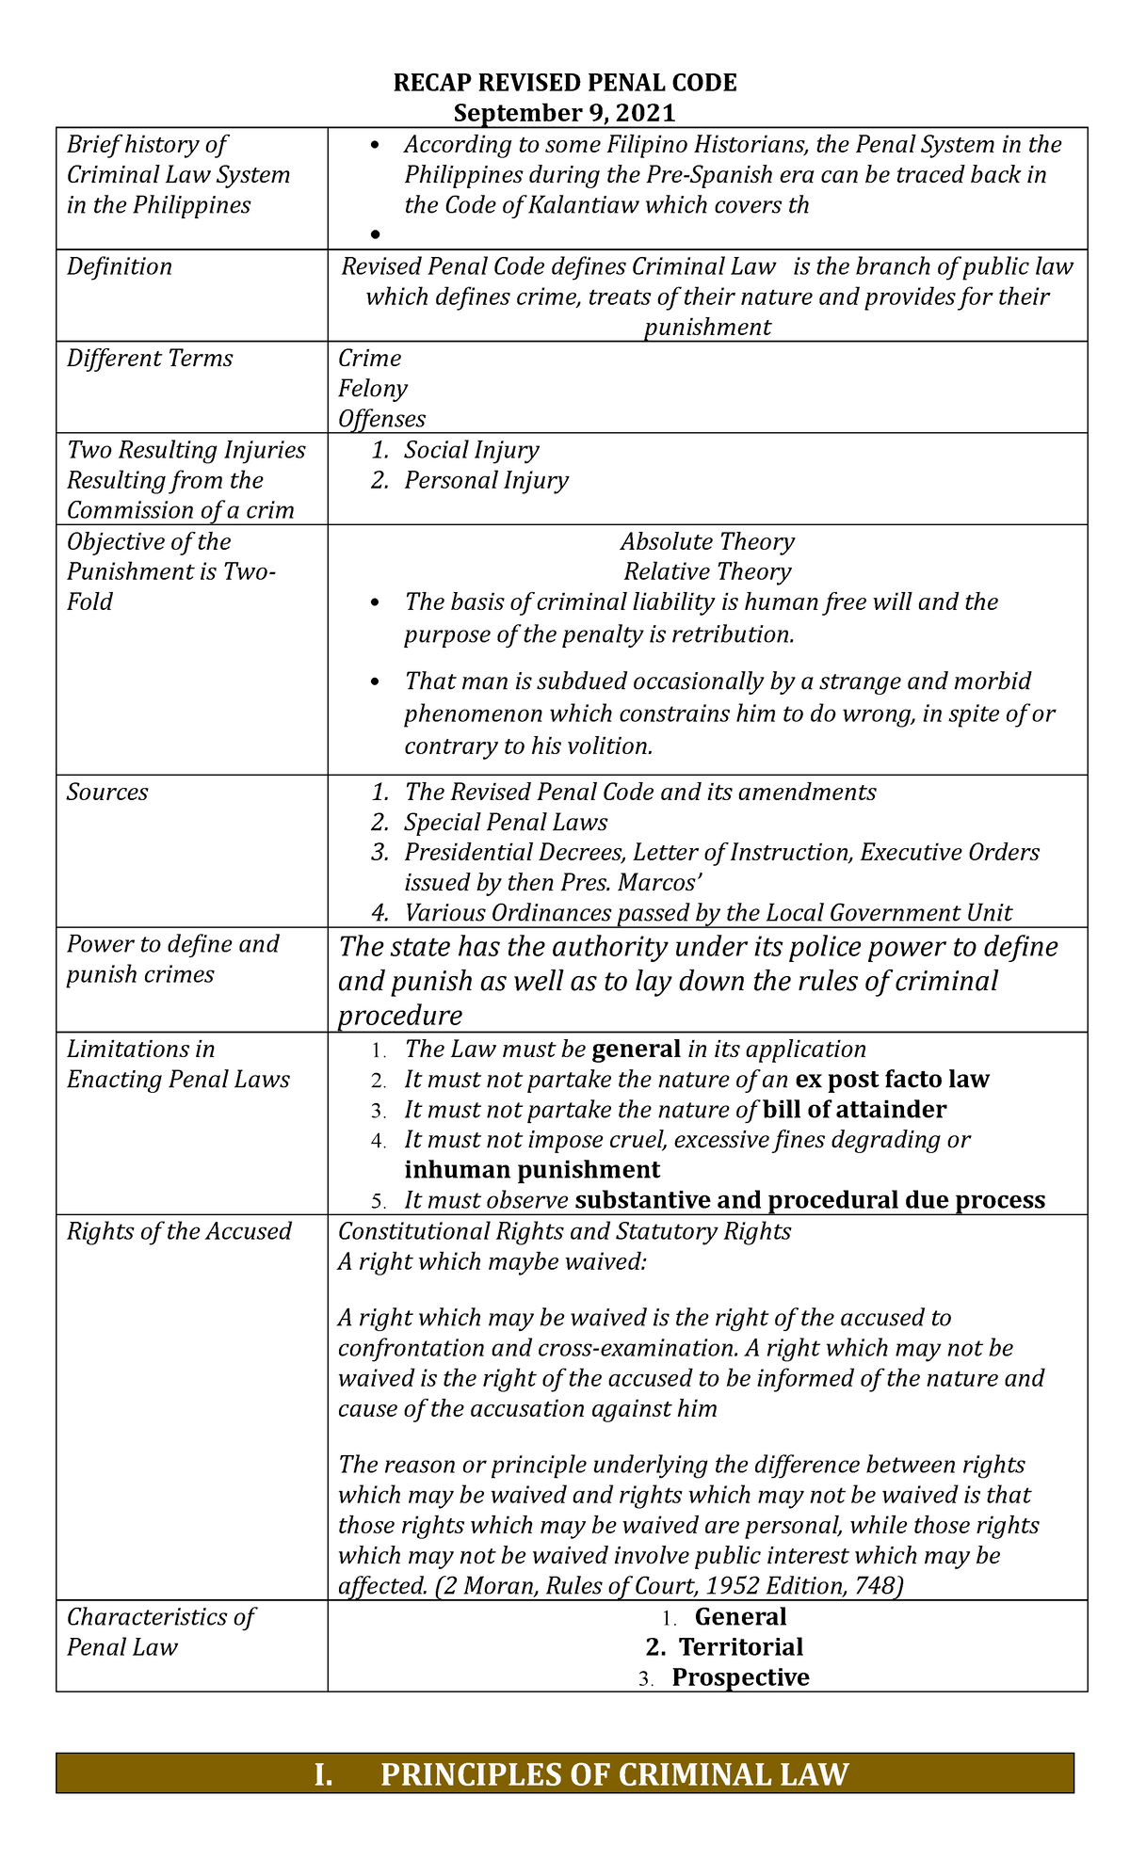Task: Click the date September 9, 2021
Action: click(564, 114)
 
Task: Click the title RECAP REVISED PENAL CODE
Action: click(564, 84)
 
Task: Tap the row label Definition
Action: click(120, 267)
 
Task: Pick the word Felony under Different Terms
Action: click(373, 390)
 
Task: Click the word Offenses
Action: click(381, 420)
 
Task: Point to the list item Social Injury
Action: click(472, 451)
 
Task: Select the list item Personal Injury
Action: click(486, 481)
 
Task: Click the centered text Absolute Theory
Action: click(707, 542)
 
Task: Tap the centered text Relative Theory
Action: click(707, 572)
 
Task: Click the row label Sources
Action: click(107, 793)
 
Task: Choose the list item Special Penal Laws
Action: click(506, 823)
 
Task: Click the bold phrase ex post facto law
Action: click(892, 1080)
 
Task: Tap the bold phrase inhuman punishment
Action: click(532, 1170)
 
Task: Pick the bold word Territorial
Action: click(741, 1647)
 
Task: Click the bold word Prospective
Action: click(740, 1677)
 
